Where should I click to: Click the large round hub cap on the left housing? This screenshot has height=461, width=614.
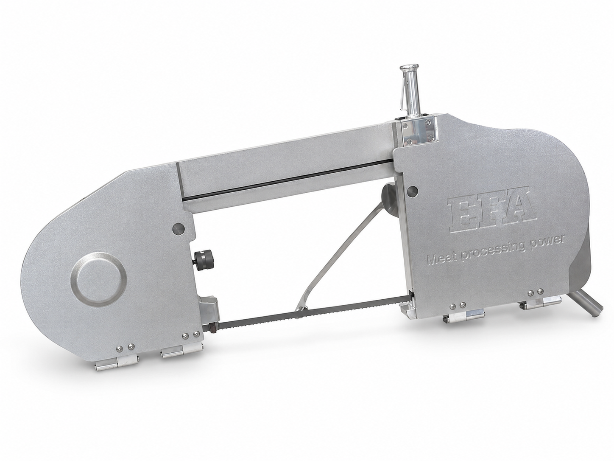(x=99, y=279)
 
